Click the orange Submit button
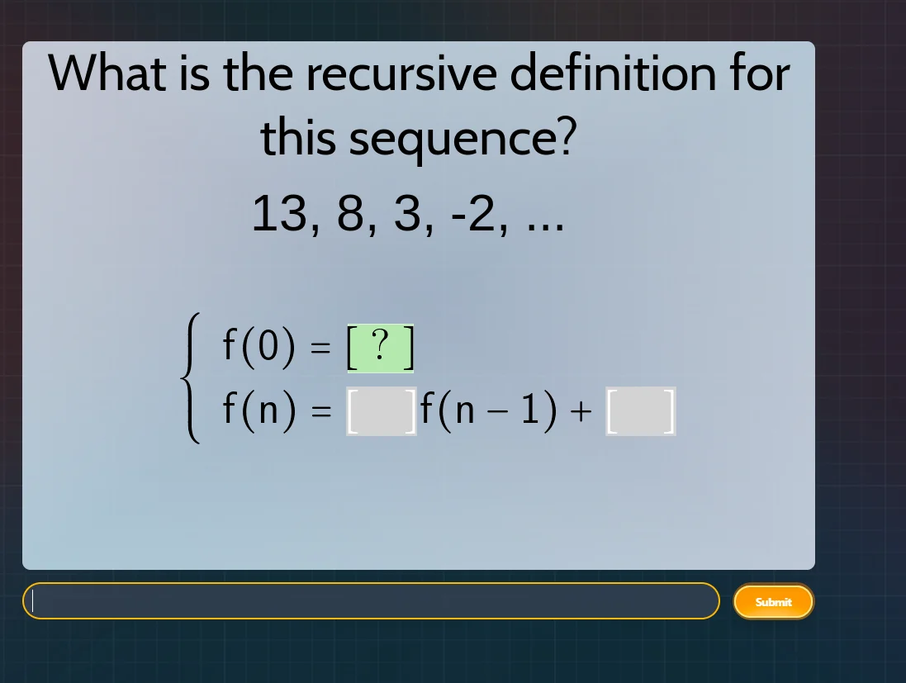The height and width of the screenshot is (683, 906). [773, 602]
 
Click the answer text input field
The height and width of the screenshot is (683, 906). [372, 601]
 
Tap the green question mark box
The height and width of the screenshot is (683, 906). [380, 349]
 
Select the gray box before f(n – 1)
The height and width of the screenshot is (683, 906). [381, 411]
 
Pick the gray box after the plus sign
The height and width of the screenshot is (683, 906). [641, 411]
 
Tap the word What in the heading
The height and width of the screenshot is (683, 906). [106, 74]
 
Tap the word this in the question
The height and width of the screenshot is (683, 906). [299, 139]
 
